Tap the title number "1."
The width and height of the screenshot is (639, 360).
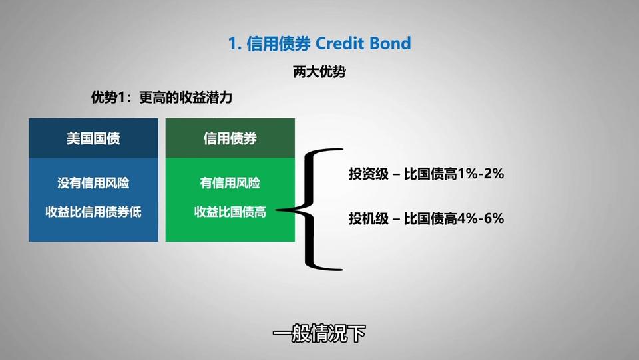click(235, 43)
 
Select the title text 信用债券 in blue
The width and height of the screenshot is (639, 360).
click(278, 43)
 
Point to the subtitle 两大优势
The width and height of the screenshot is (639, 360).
click(319, 72)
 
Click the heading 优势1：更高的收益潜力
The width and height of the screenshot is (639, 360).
click(161, 98)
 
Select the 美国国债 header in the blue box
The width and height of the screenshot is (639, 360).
click(93, 138)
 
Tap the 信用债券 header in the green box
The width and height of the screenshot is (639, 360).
click(230, 138)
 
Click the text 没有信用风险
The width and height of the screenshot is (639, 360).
click(93, 183)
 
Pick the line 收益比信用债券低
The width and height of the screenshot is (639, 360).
click(93, 212)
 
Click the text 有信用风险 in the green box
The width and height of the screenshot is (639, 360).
click(230, 183)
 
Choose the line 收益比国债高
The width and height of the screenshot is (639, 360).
click(230, 212)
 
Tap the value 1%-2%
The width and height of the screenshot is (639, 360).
click(481, 174)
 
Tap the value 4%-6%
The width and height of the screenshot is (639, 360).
click(481, 219)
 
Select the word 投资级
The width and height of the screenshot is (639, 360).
click(369, 174)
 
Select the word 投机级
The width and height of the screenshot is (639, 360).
click(369, 219)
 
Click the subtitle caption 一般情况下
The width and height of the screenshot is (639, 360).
click(319, 334)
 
